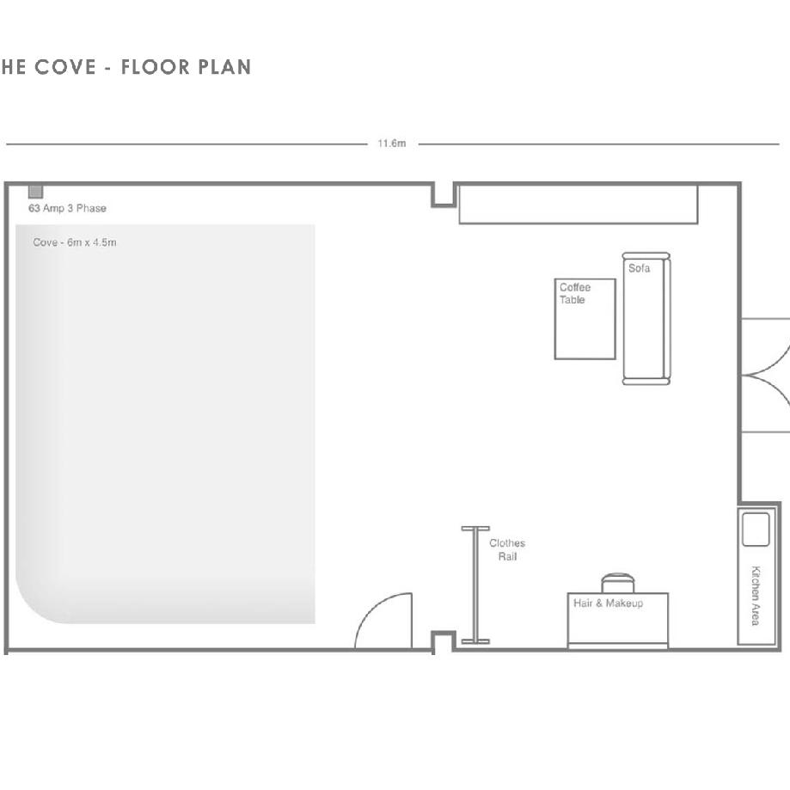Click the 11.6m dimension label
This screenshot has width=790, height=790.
(x=391, y=144)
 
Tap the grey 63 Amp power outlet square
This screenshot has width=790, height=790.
(x=35, y=192)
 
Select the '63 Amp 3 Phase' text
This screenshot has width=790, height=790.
(x=67, y=208)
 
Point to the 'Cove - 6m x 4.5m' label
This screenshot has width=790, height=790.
(x=75, y=242)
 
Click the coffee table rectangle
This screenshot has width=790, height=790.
(x=585, y=319)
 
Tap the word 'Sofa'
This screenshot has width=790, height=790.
(x=639, y=268)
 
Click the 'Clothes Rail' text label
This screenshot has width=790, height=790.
(x=507, y=549)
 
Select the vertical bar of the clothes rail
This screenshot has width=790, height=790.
(x=475, y=585)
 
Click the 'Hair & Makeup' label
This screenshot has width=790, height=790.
(x=608, y=603)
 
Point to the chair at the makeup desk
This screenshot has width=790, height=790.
(x=618, y=583)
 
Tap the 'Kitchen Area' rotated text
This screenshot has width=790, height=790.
(x=756, y=596)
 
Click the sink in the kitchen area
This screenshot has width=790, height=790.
(x=756, y=530)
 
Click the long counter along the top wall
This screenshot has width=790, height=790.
(x=579, y=204)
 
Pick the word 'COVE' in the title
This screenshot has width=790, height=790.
(x=65, y=67)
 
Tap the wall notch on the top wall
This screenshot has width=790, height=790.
(x=444, y=195)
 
